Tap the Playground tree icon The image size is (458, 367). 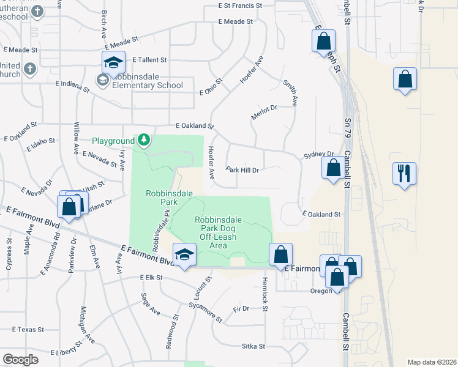pos(144,141)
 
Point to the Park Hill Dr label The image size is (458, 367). pos(243,169)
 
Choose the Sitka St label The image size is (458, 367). pos(252,346)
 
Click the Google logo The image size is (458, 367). pos(20,359)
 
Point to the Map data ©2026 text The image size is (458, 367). pos(432,362)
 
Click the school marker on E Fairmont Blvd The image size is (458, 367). pos(183,254)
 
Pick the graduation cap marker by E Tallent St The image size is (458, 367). pos(113,62)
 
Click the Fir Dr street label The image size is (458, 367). pos(241,309)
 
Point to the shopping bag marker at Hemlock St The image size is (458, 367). pos(280,254)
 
